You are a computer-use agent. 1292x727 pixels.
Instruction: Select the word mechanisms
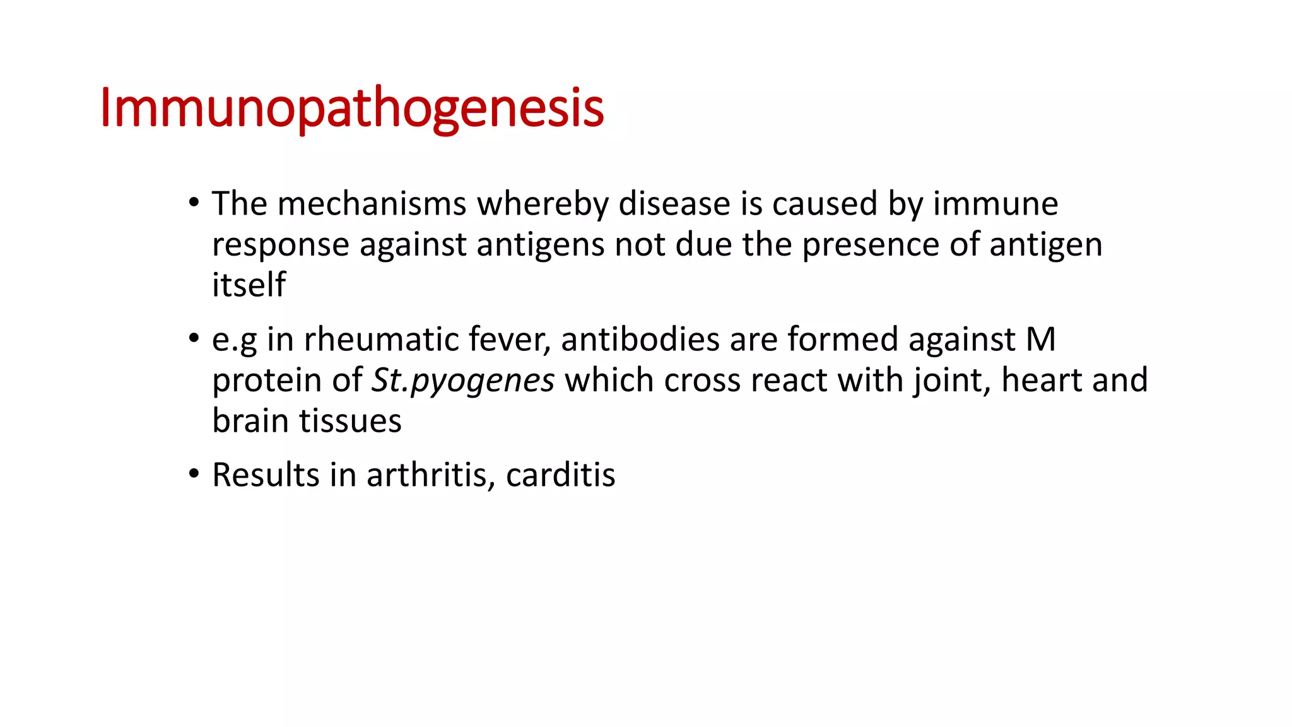(372, 204)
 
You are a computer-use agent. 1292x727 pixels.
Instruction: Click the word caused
(825, 204)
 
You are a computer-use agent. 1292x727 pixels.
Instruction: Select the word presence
(871, 245)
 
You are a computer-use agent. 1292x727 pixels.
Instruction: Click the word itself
(249, 285)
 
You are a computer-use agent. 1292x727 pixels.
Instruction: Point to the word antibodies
(640, 340)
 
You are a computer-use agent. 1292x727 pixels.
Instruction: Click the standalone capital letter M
(1040, 340)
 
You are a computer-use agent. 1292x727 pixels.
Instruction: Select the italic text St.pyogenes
(463, 381)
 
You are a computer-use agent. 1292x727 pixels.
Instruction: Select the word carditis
(560, 475)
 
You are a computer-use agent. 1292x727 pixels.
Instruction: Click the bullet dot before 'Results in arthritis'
(194, 473)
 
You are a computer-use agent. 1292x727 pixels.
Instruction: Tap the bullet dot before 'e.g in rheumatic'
(194, 338)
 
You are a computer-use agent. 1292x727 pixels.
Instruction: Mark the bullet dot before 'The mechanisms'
(194, 203)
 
